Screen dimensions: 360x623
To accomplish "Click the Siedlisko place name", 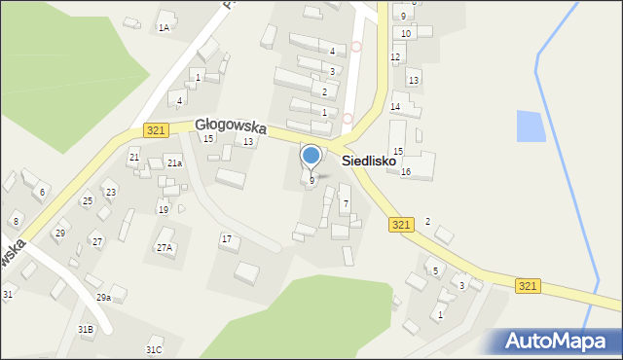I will tap(369, 160).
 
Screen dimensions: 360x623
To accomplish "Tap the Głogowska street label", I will tap(230, 125).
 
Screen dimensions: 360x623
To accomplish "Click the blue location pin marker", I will tap(311, 157).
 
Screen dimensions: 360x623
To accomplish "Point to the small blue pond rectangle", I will tap(531, 126).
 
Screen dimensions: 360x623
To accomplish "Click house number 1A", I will tap(164, 28).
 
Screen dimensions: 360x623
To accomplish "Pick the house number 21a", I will tap(173, 163).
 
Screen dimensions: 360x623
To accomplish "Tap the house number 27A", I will tap(165, 248).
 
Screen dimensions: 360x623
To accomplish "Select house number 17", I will tap(227, 238).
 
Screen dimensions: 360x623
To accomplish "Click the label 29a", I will tap(103, 297).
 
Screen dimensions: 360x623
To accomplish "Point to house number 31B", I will tap(86, 330).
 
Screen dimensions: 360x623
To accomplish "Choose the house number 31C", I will tap(154, 349).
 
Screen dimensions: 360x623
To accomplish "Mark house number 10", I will tap(406, 33).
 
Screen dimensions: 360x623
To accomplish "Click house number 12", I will tap(395, 57).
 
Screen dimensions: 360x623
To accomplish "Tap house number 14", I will tap(395, 106).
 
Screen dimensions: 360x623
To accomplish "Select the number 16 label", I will tap(406, 172).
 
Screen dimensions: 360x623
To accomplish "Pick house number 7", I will tap(345, 202).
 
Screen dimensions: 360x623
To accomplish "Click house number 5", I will tap(435, 270).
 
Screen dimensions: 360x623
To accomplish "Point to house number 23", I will tap(110, 192).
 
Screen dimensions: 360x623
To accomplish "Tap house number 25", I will tap(87, 201).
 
